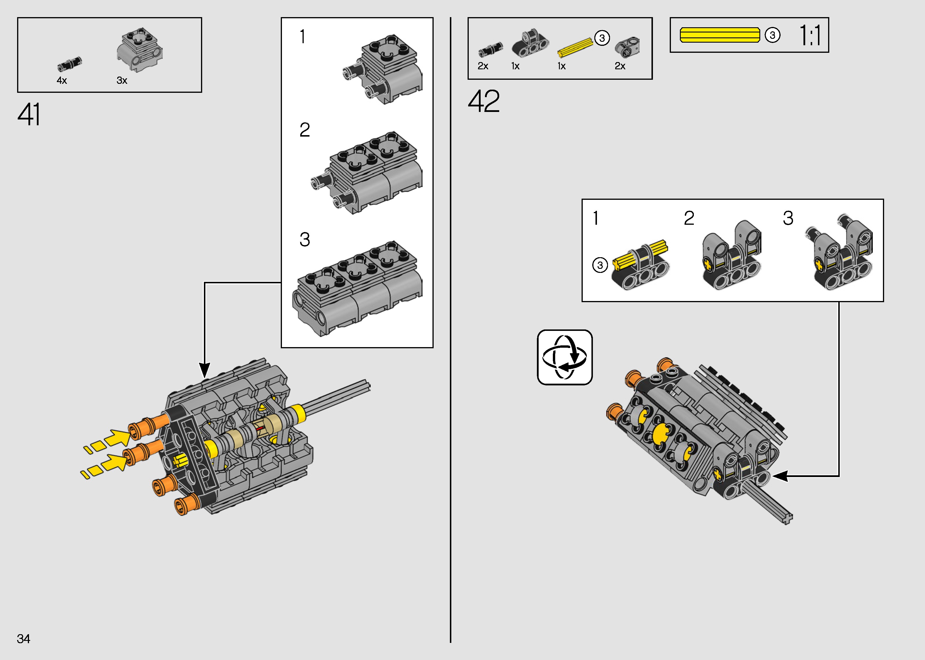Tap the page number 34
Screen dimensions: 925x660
[23, 639]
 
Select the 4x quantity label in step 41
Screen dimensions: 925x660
[62, 80]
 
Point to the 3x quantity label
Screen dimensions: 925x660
[122, 80]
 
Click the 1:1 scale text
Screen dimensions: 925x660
[810, 35]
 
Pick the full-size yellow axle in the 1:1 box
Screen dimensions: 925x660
[720, 35]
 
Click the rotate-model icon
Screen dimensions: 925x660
[564, 357]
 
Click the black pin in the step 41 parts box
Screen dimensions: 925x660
[70, 64]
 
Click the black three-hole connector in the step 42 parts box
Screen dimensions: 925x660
[530, 44]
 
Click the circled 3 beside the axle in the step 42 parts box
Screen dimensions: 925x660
[602, 38]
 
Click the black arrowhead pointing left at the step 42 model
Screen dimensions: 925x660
[780, 476]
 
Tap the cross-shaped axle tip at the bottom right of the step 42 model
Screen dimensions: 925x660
[787, 518]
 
